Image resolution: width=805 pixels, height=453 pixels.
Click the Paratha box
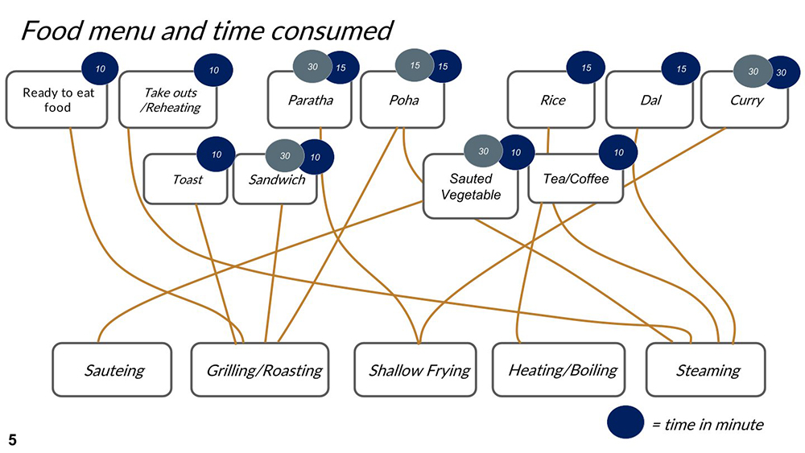[310, 101]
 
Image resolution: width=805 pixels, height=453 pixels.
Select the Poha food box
[402, 101]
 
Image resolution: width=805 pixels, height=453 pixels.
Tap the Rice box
[552, 101]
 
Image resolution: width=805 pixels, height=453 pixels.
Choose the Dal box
[649, 101]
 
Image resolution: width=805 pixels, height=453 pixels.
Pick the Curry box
[745, 101]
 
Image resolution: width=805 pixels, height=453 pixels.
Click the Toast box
[187, 179]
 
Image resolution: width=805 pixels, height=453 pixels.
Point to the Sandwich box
[276, 179]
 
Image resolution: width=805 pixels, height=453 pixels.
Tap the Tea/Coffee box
[575, 179]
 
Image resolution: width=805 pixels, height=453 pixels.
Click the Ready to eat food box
[57, 100]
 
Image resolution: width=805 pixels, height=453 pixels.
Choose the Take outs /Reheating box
[169, 100]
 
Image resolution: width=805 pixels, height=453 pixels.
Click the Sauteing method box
[113, 370]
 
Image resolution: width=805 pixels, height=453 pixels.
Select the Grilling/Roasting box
[260, 370]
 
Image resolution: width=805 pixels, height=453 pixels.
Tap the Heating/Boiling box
[562, 370]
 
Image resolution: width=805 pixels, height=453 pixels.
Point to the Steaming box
[706, 370]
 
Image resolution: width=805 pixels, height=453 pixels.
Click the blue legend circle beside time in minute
[625, 422]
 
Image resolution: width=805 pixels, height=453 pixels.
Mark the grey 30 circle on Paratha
[311, 67]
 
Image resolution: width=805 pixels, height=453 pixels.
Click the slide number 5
[12, 439]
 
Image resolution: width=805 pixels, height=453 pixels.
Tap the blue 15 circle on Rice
[586, 68]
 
